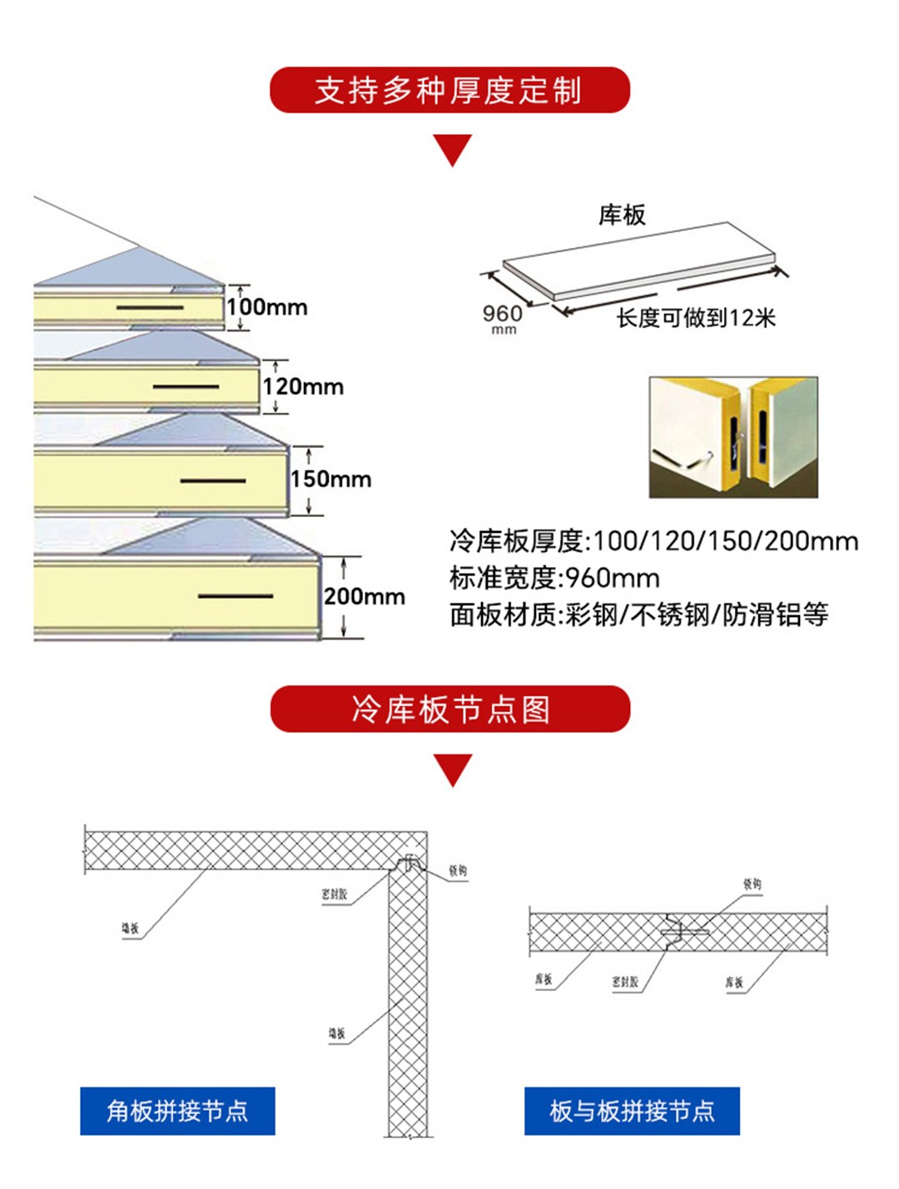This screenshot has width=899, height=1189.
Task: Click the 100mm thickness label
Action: click(266, 307)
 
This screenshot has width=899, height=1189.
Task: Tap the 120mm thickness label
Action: click(303, 386)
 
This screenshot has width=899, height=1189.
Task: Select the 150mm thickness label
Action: click(330, 479)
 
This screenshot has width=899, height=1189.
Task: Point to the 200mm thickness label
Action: click(364, 596)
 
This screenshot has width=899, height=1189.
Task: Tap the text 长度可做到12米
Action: click(696, 318)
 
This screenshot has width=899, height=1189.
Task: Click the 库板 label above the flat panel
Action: click(621, 215)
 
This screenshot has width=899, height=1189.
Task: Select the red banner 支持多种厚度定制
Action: click(449, 90)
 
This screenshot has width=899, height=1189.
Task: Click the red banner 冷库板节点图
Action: click(449, 709)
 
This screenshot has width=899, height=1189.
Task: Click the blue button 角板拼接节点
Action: click(177, 1111)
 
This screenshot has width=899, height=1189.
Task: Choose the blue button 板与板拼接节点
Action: click(632, 1111)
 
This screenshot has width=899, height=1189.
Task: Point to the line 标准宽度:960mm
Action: click(554, 578)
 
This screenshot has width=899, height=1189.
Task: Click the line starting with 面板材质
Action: click(638, 615)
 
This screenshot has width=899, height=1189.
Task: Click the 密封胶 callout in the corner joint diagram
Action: click(334, 893)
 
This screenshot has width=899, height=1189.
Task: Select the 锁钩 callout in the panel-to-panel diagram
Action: click(752, 884)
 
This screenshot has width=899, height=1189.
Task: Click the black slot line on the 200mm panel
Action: click(236, 596)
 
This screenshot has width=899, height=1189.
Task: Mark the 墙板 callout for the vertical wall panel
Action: click(336, 1033)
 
